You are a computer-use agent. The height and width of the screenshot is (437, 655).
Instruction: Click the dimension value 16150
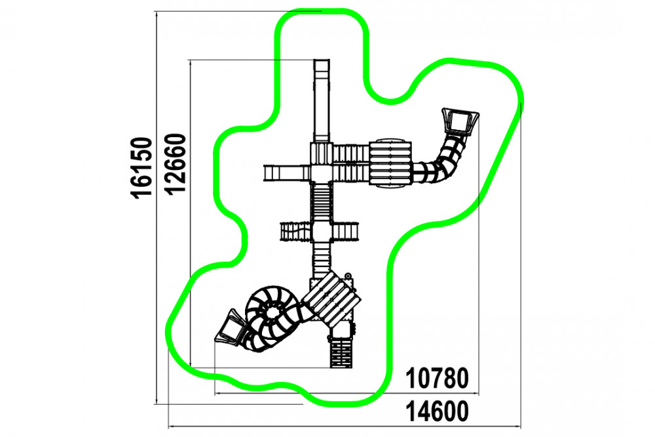pyautogui.click(x=141, y=167)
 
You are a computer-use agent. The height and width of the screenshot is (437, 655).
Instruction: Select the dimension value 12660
pyautogui.click(x=175, y=164)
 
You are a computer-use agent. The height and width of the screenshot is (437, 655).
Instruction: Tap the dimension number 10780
pyautogui.click(x=438, y=379)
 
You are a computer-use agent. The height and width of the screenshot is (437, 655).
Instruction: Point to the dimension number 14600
pyautogui.click(x=438, y=412)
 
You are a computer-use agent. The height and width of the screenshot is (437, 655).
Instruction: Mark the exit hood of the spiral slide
pyautogui.click(x=229, y=327)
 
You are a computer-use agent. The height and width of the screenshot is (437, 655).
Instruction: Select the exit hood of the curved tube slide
pyautogui.click(x=460, y=121)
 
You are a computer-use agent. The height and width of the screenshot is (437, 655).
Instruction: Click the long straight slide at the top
pyautogui.click(x=322, y=101)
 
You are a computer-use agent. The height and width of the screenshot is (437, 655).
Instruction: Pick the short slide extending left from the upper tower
pyautogui.click(x=287, y=173)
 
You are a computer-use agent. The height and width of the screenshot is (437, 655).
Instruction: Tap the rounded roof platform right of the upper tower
pyautogui.click(x=390, y=163)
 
